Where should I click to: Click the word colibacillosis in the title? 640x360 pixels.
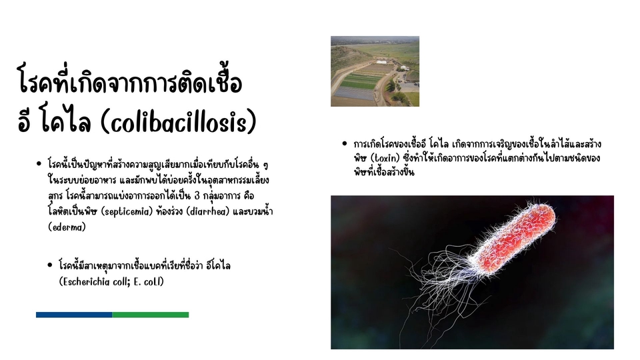point(179,121)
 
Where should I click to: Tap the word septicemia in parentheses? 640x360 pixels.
point(127,212)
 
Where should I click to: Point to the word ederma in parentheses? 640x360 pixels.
point(67,227)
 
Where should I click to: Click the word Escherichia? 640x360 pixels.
point(86,281)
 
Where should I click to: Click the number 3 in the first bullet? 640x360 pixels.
point(197,196)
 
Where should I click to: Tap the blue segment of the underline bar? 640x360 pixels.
point(74,315)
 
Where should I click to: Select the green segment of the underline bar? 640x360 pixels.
point(151,315)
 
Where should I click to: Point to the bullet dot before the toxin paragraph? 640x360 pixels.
point(345,144)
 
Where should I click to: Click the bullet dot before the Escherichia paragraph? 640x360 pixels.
point(50,265)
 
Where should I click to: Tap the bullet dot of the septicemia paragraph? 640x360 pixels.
point(39,164)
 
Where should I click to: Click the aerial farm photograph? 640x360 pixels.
point(375,71)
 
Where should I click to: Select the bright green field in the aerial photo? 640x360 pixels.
point(358,84)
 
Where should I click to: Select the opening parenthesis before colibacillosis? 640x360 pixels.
point(105,121)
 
